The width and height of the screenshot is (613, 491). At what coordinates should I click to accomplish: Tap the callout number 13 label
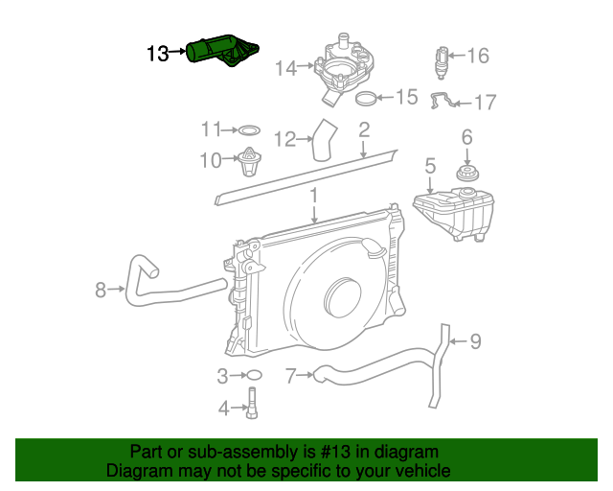click(x=157, y=54)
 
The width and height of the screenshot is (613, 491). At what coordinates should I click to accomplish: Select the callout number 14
click(x=285, y=68)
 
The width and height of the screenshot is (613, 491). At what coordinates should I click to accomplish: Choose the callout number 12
click(x=285, y=140)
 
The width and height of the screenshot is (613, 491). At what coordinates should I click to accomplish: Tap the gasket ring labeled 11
click(x=247, y=129)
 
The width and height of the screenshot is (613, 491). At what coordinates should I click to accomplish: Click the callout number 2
click(x=364, y=129)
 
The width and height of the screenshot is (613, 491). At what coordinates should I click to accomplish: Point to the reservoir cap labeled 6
click(x=466, y=175)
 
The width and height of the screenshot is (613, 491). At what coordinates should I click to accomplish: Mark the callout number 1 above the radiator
click(x=313, y=196)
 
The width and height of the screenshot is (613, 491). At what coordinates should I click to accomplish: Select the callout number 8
click(x=101, y=288)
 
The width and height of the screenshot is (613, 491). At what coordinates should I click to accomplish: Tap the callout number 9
click(x=475, y=340)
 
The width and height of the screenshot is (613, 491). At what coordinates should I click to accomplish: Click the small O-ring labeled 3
click(x=253, y=375)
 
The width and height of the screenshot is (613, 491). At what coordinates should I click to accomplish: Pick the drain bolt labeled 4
click(x=253, y=404)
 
